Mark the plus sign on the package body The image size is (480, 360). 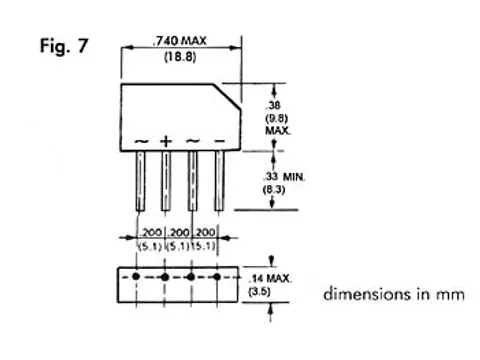(166, 142)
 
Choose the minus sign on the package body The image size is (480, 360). (218, 142)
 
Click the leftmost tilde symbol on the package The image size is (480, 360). (140, 142)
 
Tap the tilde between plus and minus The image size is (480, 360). (192, 142)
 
